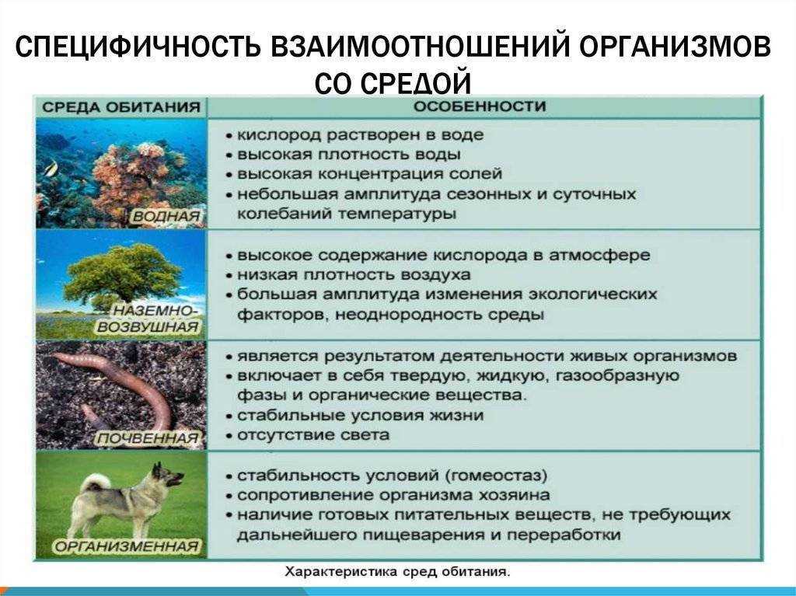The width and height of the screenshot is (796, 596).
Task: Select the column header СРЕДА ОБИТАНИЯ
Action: tap(120, 107)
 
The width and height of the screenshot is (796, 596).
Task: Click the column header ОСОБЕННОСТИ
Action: tap(479, 106)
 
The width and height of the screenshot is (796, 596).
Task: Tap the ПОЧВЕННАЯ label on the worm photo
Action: tap(147, 439)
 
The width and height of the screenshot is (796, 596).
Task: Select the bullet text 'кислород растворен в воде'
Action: tap(359, 134)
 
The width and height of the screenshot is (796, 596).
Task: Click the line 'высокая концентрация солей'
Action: tap(369, 173)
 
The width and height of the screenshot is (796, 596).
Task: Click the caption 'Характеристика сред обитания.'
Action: tap(397, 572)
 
